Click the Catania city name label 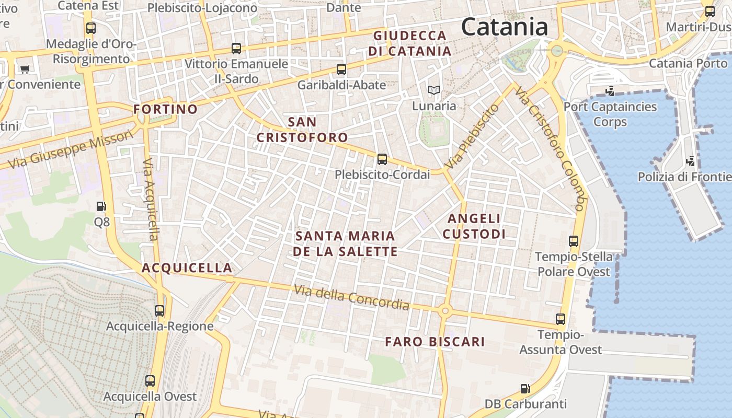point(505,27)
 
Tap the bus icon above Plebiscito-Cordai point(382,159)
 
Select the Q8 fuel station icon point(102,207)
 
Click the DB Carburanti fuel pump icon point(525,389)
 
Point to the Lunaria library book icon point(433,90)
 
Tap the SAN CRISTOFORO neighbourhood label point(302,130)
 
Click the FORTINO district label point(165,109)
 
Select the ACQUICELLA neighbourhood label point(187,268)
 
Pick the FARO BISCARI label point(435,342)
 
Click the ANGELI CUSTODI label point(474,226)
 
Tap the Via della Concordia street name point(351,297)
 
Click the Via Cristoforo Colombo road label point(549,148)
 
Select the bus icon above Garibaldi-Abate point(341,69)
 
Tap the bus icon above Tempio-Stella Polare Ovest point(574,241)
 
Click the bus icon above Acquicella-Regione point(159,311)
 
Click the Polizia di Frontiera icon point(691,161)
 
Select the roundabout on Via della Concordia point(445,311)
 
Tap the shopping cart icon point(25,68)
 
